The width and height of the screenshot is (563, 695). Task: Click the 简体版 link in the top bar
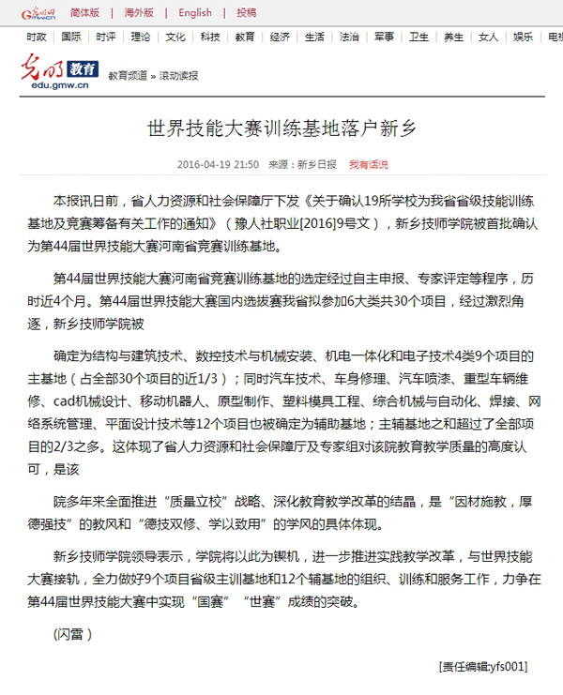[84, 13]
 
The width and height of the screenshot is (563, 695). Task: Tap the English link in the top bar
[195, 13]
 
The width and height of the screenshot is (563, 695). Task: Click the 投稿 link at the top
[246, 13]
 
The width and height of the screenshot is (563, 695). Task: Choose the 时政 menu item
[36, 38]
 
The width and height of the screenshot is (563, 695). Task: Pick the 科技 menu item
[210, 38]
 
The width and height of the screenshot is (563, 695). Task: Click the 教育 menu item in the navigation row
[245, 38]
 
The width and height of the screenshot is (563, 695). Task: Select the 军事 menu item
[384, 38]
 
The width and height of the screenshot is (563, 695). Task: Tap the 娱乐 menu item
[523, 38]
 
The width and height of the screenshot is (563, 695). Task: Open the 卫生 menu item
[418, 38]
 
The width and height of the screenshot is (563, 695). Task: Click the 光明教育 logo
[59, 68]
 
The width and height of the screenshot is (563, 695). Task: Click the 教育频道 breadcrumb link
[128, 75]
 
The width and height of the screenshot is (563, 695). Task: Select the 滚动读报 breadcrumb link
[178, 75]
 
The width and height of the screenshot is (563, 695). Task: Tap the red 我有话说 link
[368, 164]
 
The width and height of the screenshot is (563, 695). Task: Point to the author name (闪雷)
[72, 633]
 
